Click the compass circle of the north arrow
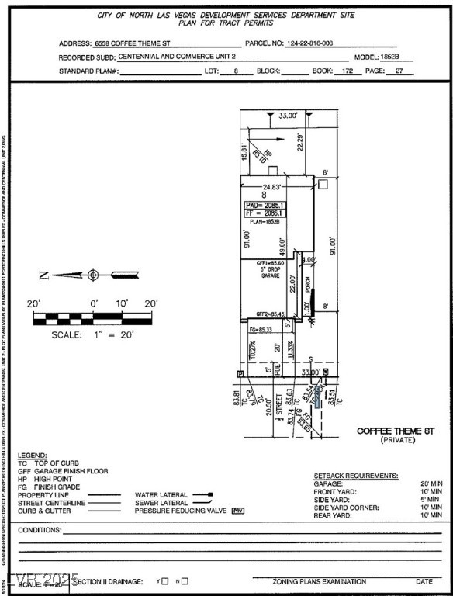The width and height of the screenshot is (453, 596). tap(93, 274)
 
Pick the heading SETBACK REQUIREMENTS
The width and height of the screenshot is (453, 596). tap(355, 474)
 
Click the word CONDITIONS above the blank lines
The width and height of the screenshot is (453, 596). tap(39, 530)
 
